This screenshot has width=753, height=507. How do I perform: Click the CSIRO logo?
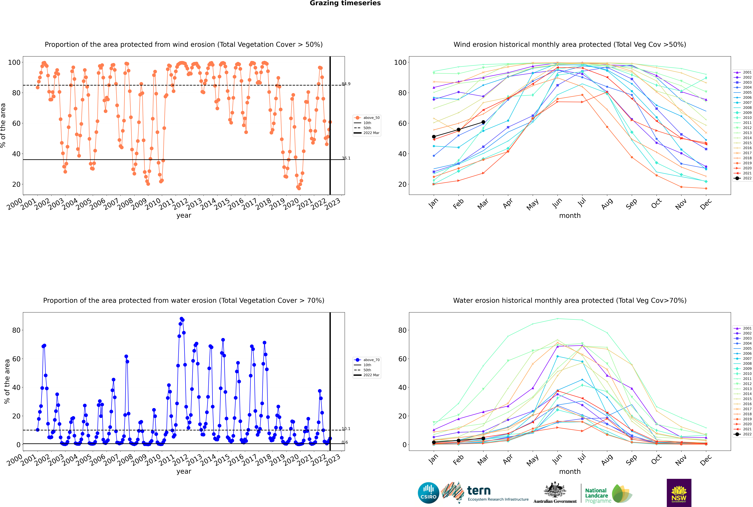coord(428,493)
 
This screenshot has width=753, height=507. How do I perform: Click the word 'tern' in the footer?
coord(479,491)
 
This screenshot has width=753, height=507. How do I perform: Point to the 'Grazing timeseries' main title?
coord(345,3)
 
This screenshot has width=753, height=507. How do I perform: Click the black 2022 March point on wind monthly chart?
coord(483,122)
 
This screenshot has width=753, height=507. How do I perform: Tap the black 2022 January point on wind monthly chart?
coord(434,137)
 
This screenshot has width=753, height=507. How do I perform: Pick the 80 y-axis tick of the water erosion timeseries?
coord(16,330)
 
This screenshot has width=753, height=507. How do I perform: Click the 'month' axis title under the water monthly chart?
coord(570,471)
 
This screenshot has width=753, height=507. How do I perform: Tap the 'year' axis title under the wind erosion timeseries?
coord(184,215)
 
